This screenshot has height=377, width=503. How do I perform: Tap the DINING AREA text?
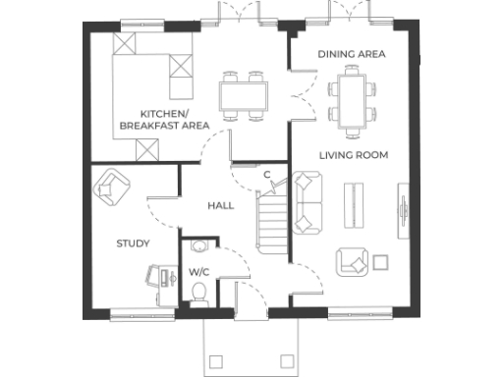(351, 54)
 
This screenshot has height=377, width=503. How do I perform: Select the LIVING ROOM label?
(353, 155)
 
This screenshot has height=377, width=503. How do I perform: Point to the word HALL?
(220, 206)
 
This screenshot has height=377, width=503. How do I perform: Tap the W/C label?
(198, 271)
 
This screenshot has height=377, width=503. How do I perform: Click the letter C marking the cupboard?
(266, 175)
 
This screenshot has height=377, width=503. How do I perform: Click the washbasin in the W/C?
(200, 248)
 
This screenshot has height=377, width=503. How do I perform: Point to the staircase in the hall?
(270, 222)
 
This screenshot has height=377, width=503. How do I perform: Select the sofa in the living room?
(308, 203)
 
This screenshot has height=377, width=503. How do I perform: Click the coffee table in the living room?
(352, 205)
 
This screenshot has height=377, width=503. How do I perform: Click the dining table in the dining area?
(352, 97)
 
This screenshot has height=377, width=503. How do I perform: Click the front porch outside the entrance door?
(250, 346)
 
